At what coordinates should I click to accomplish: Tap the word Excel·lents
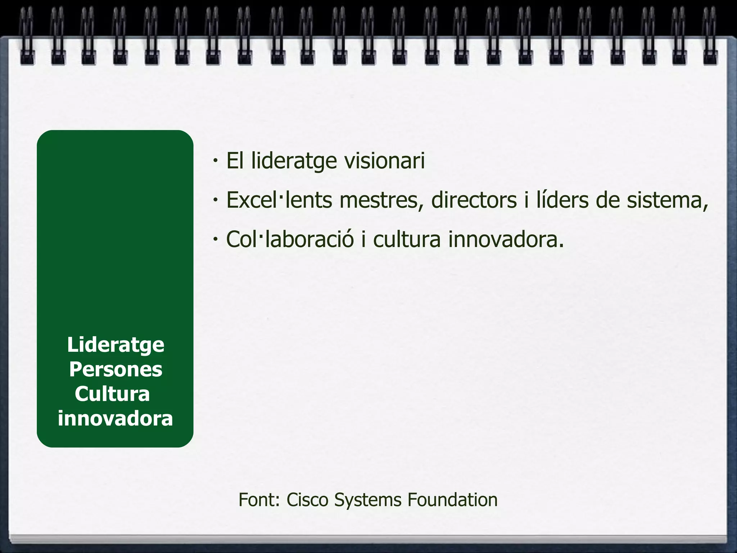279,200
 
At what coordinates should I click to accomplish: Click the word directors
474,200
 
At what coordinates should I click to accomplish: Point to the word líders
564,200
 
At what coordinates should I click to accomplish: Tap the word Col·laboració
290,239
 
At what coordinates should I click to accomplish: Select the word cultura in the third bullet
407,239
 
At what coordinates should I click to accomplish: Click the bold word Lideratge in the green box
116,345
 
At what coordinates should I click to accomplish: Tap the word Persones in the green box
116,369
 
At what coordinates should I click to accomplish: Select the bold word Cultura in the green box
112,394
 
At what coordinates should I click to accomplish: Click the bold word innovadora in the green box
116,418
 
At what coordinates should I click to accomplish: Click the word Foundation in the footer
452,500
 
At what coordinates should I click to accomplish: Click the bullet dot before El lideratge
215,161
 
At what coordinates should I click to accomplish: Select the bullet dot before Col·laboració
215,239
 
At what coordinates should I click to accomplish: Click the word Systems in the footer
368,500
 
